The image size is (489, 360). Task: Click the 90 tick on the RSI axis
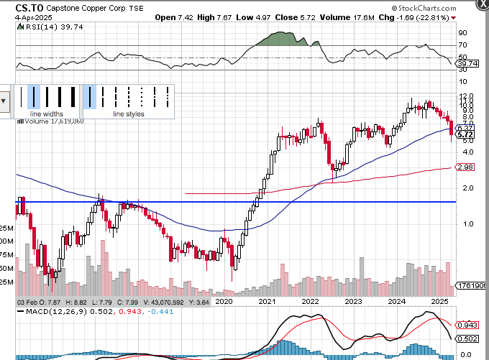pos(463,32)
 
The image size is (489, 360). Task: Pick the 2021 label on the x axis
pos(268,301)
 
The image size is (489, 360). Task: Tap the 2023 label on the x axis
pos(354,301)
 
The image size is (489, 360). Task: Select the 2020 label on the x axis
pos(226,301)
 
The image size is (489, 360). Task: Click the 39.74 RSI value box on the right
pos(467,63)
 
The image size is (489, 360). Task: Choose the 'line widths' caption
pos(46,114)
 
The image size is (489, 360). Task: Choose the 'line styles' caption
pos(129,114)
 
